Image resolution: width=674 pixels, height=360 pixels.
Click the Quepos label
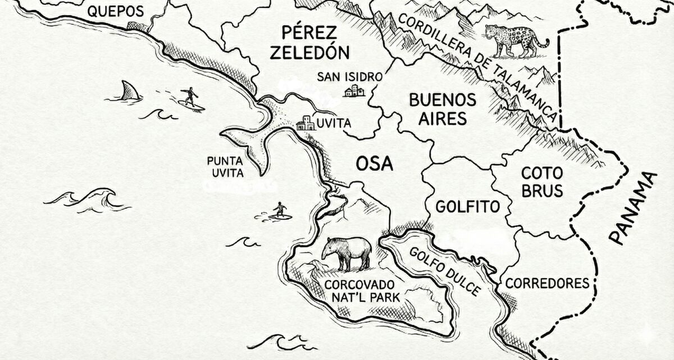(x=116, y=11)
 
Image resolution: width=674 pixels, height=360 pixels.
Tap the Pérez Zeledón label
(x=309, y=42)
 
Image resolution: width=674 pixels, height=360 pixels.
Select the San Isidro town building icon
(x=354, y=90)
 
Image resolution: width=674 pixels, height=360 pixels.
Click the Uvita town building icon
(x=306, y=123)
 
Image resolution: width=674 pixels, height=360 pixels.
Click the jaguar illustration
(x=515, y=39)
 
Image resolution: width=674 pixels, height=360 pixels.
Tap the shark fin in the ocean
(x=130, y=91)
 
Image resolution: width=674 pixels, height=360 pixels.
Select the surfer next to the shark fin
(x=191, y=98)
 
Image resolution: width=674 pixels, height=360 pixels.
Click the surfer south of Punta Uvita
(x=279, y=211)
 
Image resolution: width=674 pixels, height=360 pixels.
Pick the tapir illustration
(x=347, y=252)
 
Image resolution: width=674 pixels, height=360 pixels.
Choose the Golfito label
(x=467, y=207)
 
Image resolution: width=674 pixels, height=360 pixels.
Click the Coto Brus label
(x=542, y=181)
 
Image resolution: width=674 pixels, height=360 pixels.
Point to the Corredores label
(x=547, y=283)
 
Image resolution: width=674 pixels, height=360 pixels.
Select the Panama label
(x=632, y=208)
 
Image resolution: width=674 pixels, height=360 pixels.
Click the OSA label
(x=374, y=163)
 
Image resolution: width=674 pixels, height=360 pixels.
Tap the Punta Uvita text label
(x=225, y=166)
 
